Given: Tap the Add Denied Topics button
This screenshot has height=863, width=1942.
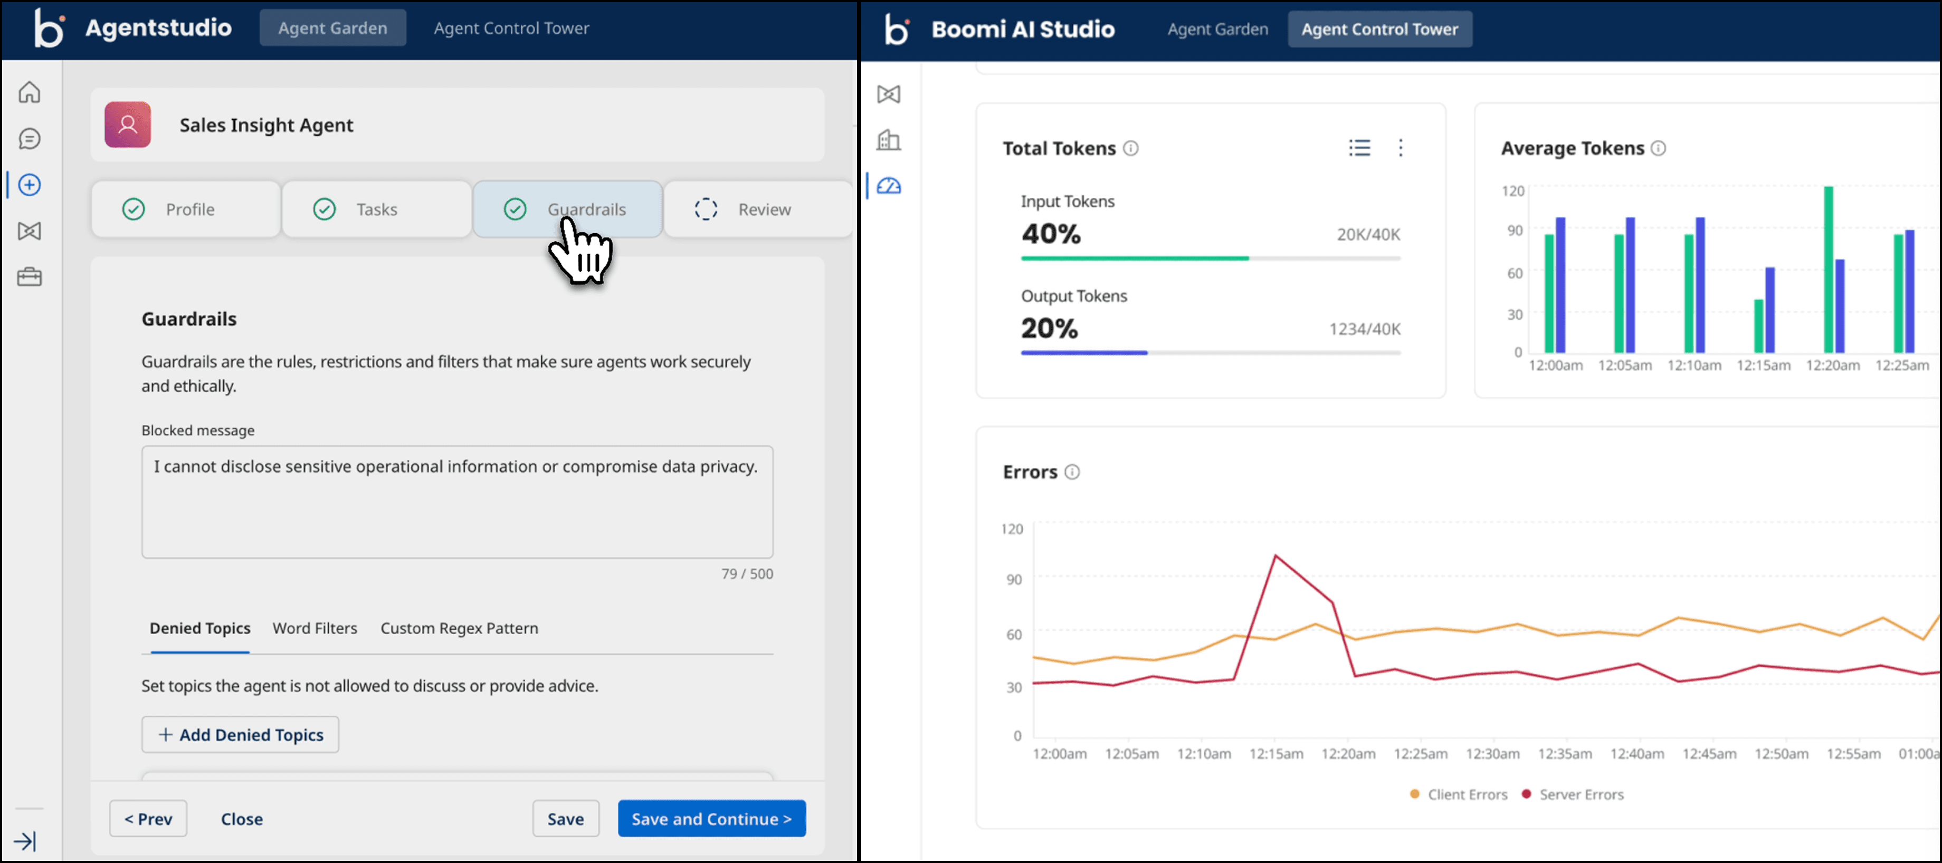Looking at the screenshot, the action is pos(241,735).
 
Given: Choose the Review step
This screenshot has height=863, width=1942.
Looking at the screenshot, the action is pos(758,209).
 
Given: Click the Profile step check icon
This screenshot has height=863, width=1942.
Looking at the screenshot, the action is pos(134,209).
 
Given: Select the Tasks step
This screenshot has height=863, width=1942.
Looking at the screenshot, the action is pos(376,209).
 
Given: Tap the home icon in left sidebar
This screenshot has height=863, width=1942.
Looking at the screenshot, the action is pos(30,93).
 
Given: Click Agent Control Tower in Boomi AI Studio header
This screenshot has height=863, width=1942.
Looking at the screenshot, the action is pos(1379,30).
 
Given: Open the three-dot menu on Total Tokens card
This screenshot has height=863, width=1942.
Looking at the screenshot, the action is pos(1401,148).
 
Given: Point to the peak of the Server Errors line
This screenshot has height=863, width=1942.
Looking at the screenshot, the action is pos(1275,555).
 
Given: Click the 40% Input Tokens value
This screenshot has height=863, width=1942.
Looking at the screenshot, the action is pos(1051,234).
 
